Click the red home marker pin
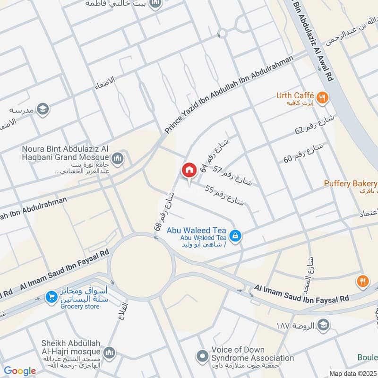point(189,171)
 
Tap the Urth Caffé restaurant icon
point(324,98)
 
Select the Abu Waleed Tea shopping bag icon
point(234,234)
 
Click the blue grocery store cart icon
point(50,297)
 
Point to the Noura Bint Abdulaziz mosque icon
point(118,157)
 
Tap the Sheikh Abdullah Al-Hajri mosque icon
point(110,352)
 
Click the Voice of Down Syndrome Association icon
point(203,355)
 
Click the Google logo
point(20,371)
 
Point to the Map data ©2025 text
point(352,373)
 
